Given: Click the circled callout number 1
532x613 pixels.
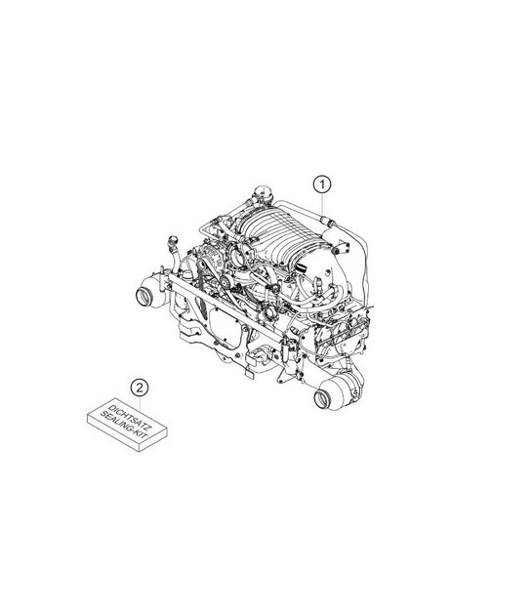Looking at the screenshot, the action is (x=322, y=184).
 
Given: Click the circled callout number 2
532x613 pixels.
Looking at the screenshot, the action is (x=140, y=388).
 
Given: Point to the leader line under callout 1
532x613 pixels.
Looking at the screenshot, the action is (x=322, y=204).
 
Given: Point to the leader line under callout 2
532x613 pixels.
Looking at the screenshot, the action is (x=140, y=403).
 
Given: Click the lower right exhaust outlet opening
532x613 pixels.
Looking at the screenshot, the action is (x=323, y=399).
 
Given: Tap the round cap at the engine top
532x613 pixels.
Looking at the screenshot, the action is (x=263, y=192).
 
